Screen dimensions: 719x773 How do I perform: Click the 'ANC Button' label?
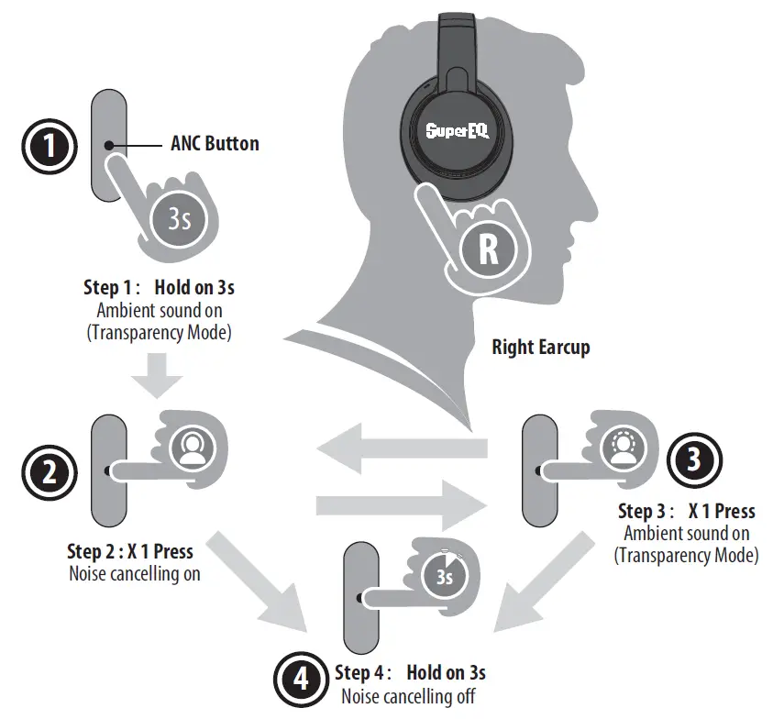coord(215,144)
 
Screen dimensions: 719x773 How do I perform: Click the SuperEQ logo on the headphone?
coord(457,130)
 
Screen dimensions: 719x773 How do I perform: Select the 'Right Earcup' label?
coord(540,348)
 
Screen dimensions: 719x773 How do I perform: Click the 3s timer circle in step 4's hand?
coord(445,578)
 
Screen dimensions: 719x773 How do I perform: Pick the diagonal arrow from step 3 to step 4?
coord(526,587)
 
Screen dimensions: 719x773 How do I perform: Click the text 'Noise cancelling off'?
coord(408,695)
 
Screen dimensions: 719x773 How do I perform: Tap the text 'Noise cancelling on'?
coord(134,574)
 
